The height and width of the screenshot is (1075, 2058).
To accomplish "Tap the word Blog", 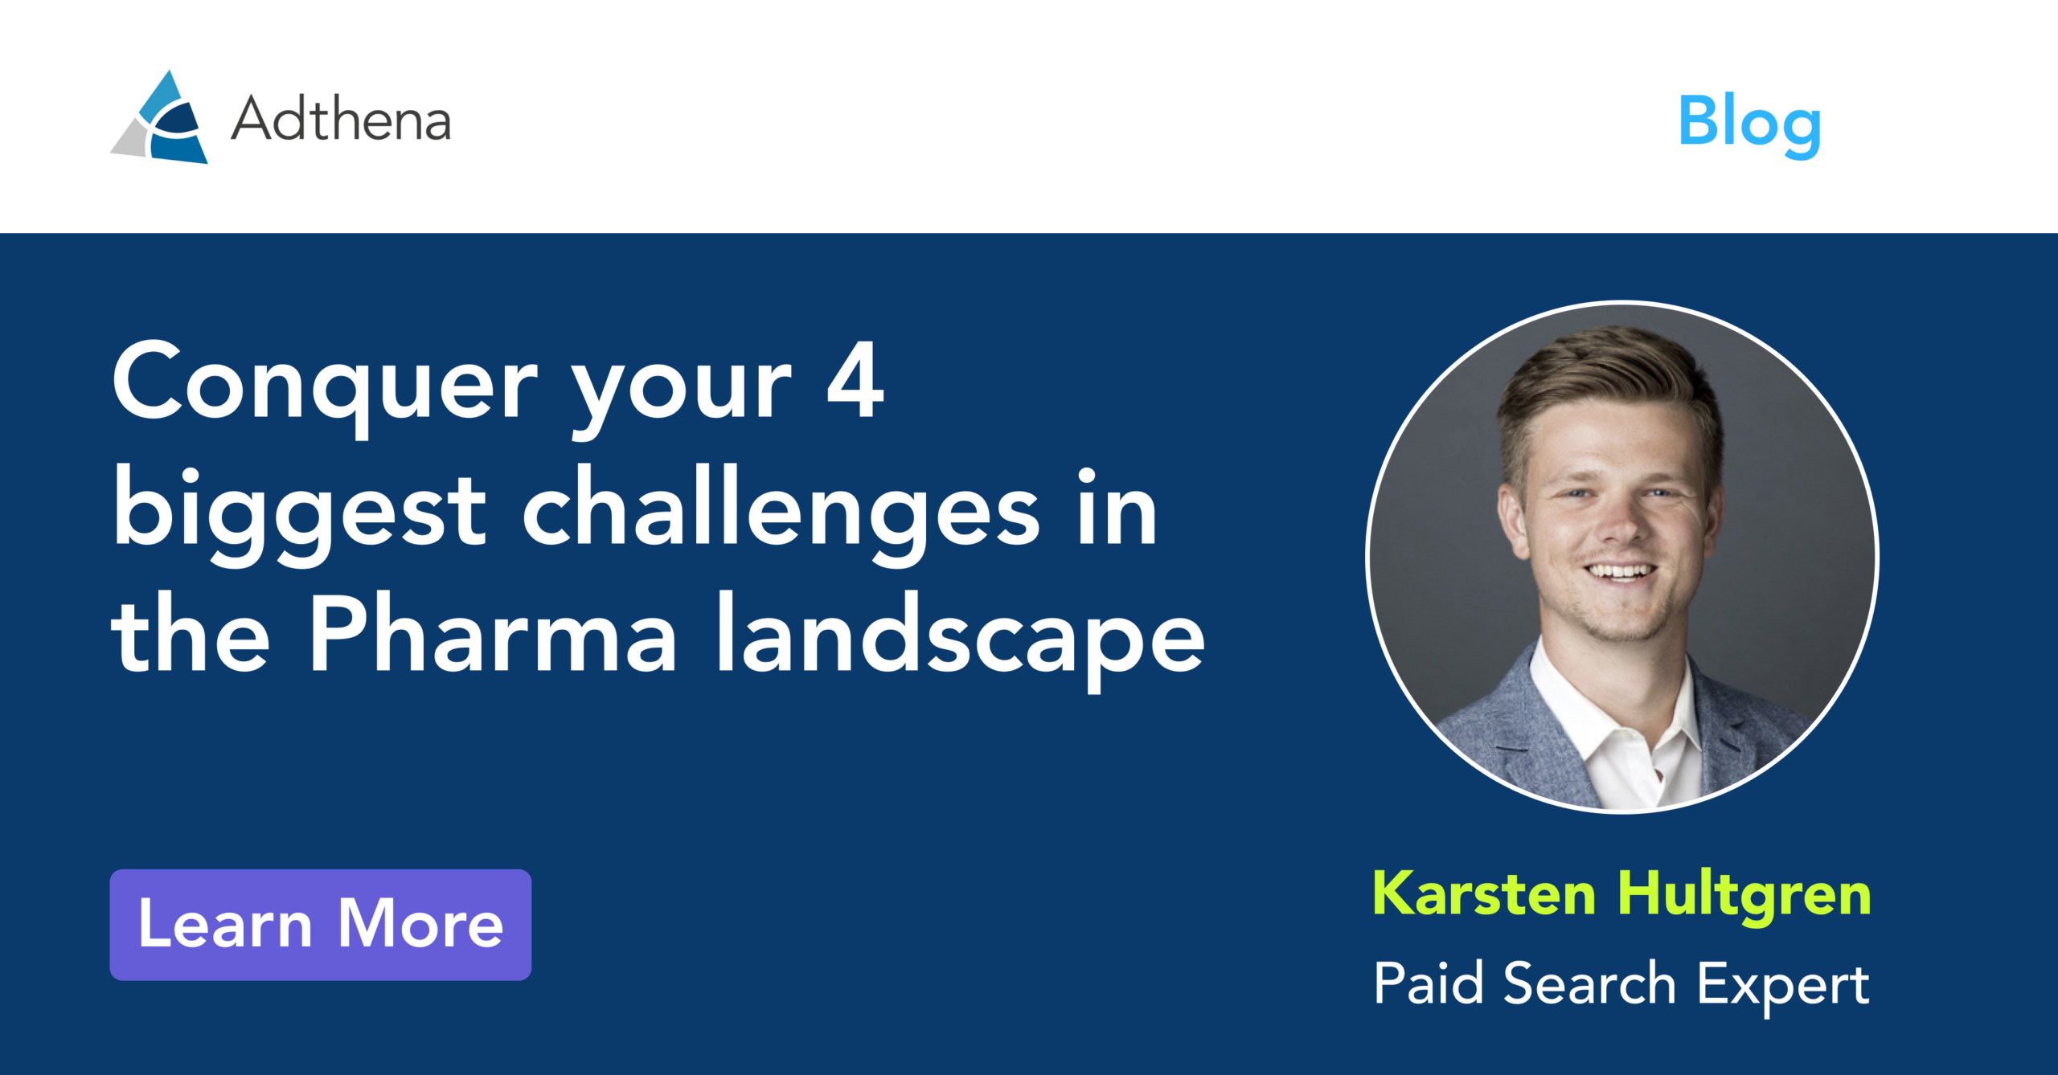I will [1749, 122].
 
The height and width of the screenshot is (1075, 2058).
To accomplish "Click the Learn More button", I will [320, 924].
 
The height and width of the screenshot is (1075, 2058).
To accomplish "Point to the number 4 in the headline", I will [855, 381].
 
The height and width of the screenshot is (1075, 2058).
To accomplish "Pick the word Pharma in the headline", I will [492, 635].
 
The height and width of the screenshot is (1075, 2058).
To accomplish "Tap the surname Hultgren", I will [1744, 895].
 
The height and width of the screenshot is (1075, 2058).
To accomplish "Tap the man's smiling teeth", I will [1619, 572].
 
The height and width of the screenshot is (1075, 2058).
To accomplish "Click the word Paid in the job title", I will [1428, 983].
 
